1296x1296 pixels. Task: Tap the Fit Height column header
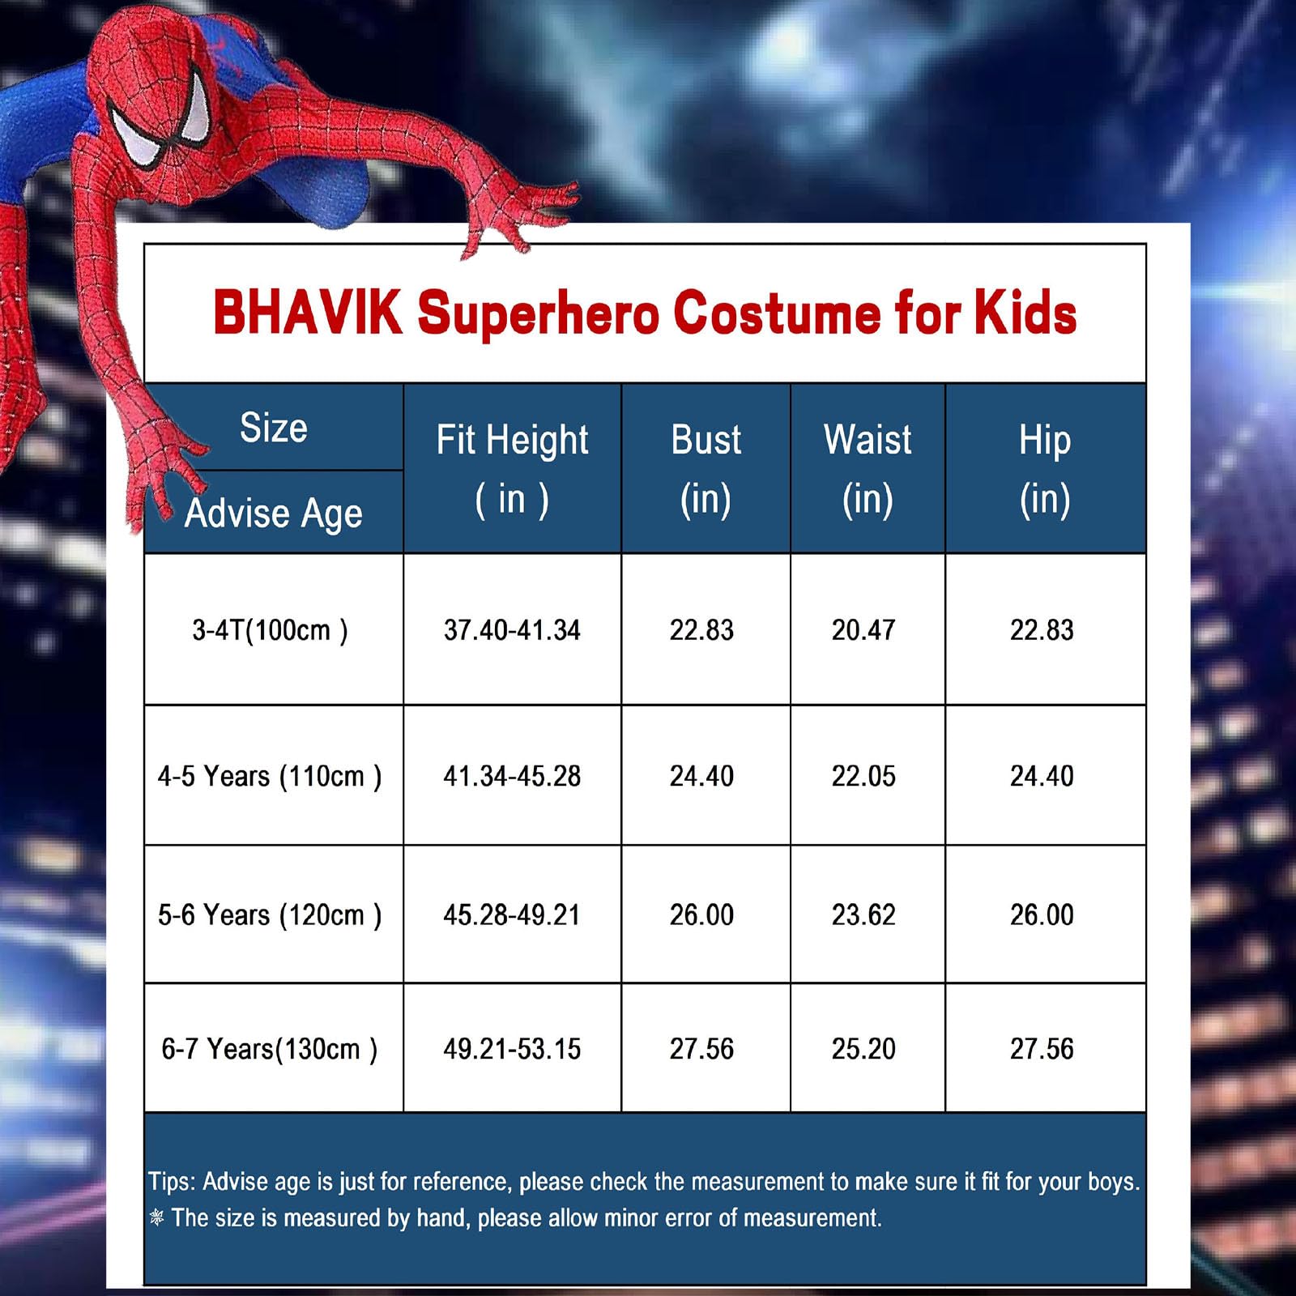[512, 469]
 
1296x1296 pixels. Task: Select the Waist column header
[868, 469]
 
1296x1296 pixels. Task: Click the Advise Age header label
[273, 514]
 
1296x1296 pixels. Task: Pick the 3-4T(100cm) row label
[270, 630]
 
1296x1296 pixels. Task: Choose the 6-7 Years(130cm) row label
[270, 1049]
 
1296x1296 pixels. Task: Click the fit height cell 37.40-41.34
[512, 630]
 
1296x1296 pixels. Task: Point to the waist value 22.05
[863, 776]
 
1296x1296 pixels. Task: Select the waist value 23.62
[863, 915]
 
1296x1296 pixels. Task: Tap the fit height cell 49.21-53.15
[512, 1049]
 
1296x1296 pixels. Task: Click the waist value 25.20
[863, 1049]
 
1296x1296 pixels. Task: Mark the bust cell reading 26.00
[701, 915]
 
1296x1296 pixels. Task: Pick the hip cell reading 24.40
[1042, 776]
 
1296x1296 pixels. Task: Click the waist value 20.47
[863, 630]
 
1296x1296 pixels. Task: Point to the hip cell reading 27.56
[1042, 1049]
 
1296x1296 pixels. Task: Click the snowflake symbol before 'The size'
[157, 1217]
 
